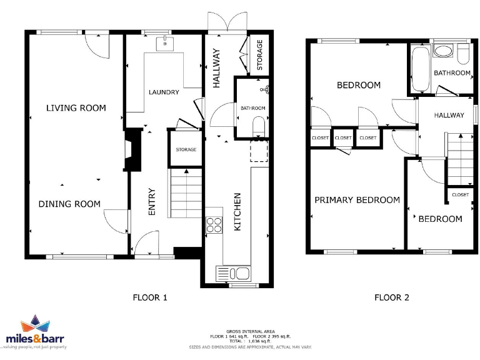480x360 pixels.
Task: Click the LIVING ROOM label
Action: point(76,108)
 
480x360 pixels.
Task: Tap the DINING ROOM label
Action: point(69,204)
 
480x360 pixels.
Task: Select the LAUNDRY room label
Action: point(164,92)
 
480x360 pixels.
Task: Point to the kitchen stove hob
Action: point(214,224)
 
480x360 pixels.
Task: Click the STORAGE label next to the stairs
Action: point(186,150)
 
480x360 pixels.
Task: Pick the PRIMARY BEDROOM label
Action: point(357,200)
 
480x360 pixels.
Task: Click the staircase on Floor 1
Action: point(185,194)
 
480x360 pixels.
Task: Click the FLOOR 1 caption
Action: point(150,297)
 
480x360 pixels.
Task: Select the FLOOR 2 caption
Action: point(391,297)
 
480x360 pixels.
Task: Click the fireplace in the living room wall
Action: point(132,150)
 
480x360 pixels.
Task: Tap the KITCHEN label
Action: point(237,212)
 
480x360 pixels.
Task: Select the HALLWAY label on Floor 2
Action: point(449,115)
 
